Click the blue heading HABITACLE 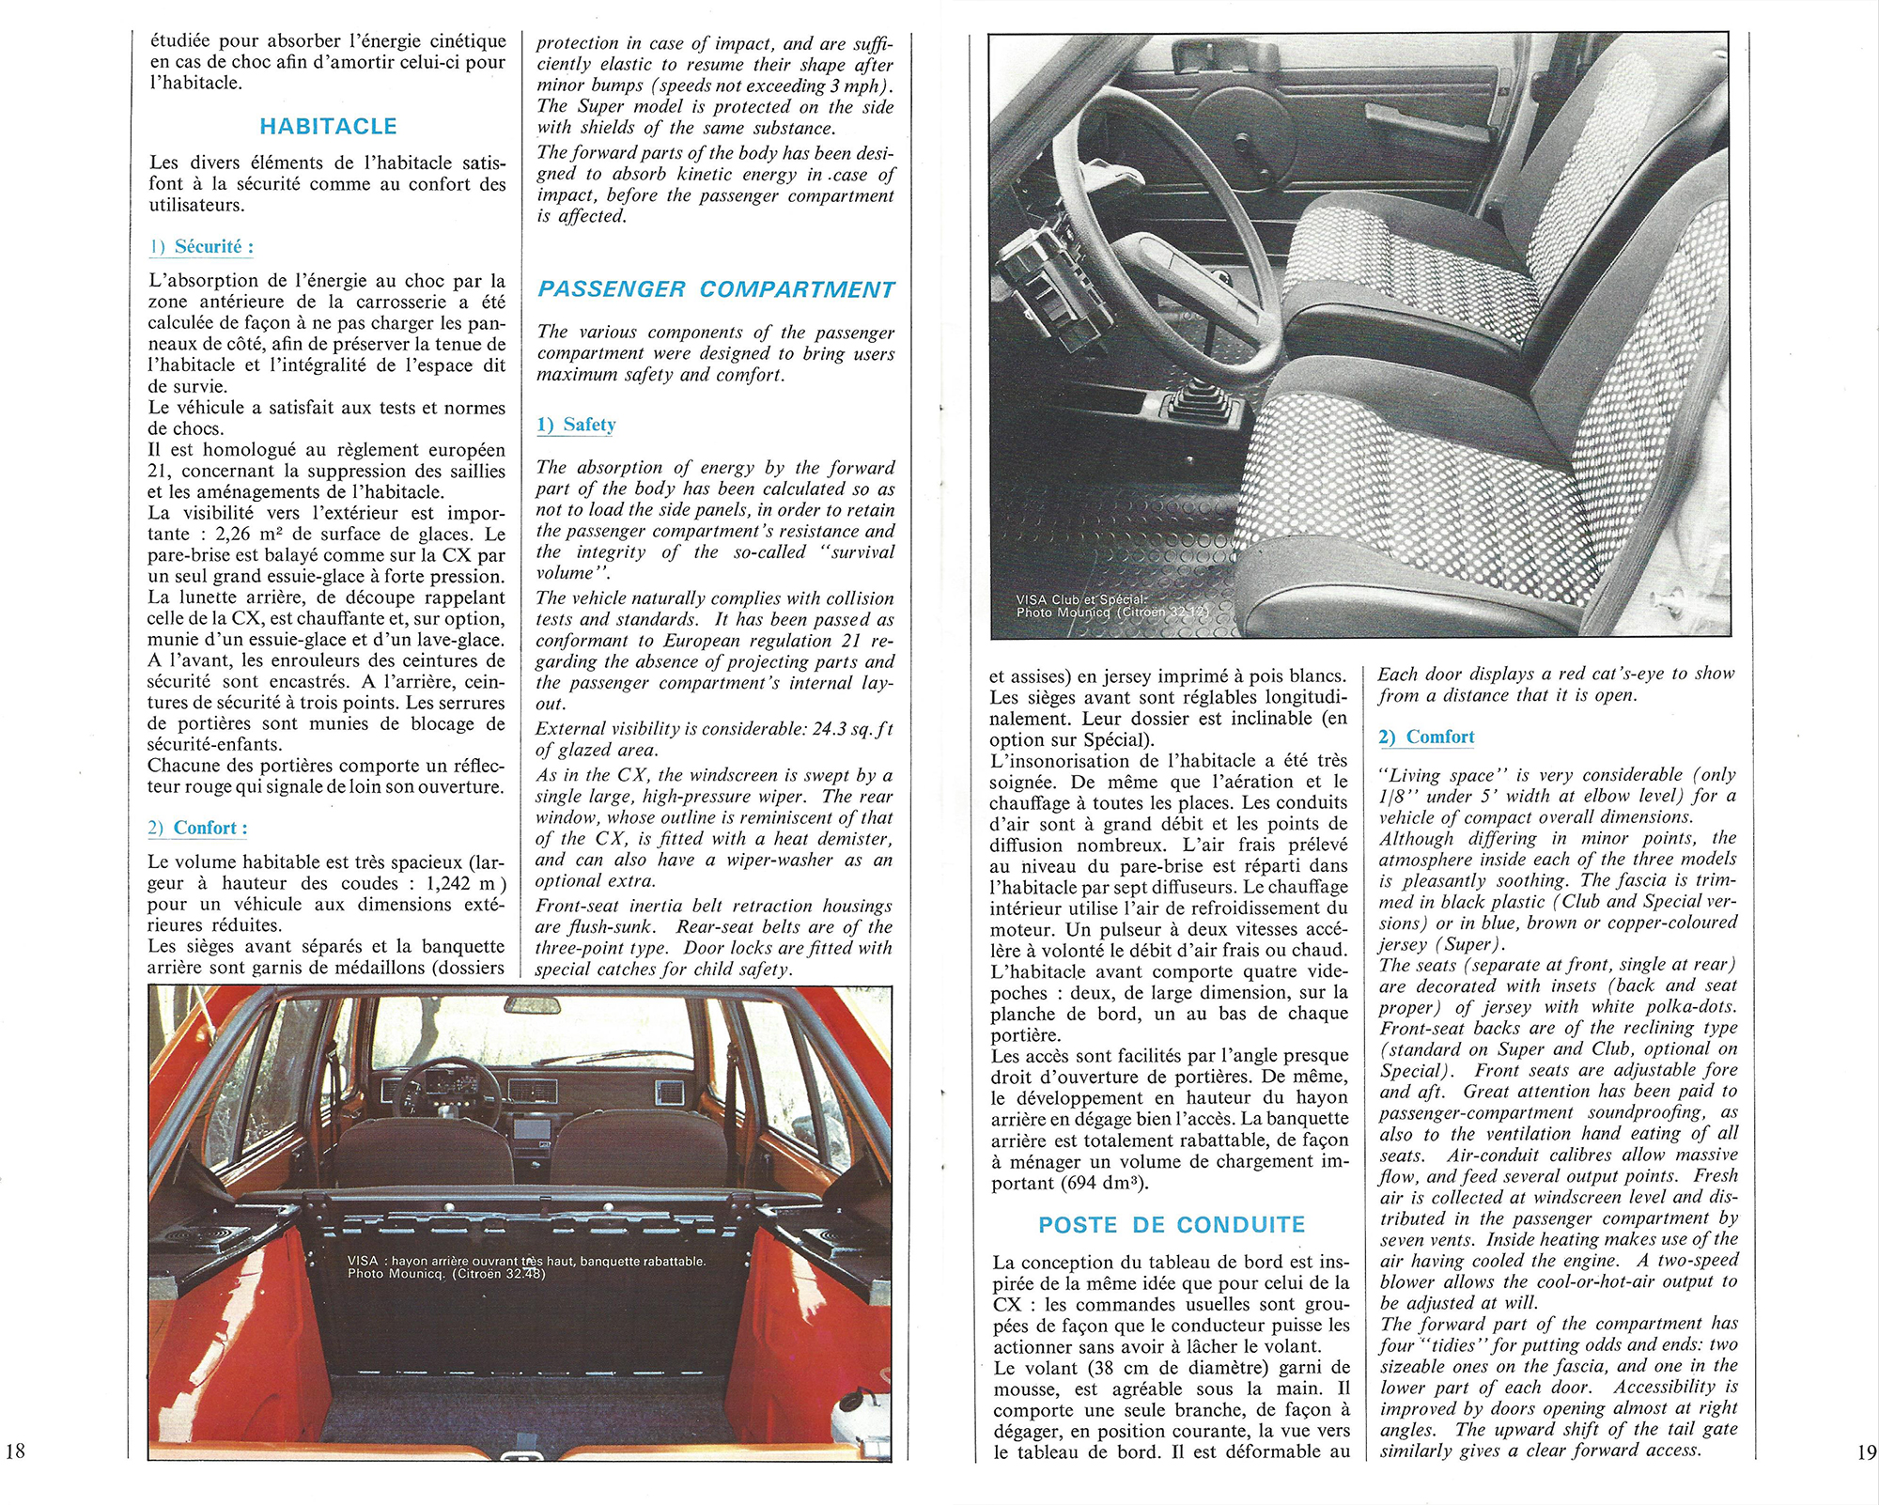point(328,126)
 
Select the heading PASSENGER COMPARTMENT point(716,289)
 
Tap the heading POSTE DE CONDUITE point(1172,1225)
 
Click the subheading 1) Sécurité point(201,247)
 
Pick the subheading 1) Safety point(576,425)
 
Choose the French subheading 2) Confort point(197,828)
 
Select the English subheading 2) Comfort point(1426,737)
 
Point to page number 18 point(16,1451)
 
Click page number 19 point(1866,1452)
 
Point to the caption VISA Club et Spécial point(1080,599)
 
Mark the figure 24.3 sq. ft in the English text point(851,729)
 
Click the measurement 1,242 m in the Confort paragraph point(460,883)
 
